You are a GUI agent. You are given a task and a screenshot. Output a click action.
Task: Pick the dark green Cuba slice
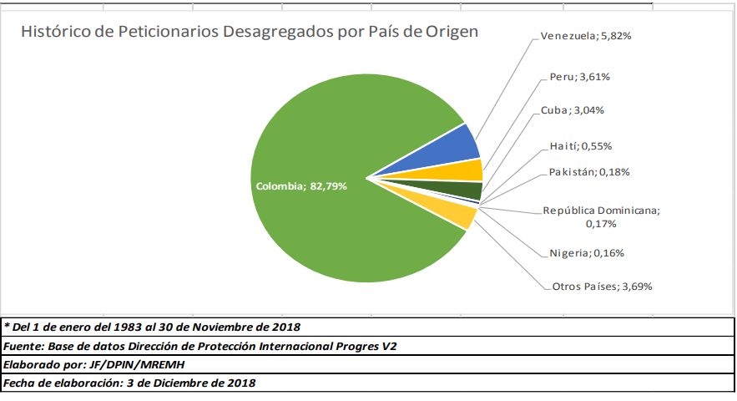(467, 189)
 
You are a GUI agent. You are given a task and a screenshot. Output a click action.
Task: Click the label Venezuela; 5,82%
(579, 36)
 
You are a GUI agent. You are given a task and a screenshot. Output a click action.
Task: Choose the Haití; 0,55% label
(580, 145)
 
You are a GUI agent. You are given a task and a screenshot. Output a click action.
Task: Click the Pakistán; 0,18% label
(588, 172)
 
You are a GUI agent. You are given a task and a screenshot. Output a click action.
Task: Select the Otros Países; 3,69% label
(602, 287)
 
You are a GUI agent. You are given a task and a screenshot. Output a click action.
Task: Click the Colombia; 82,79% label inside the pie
(300, 186)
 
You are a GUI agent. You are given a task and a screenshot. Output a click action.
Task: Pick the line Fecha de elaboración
(129, 383)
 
